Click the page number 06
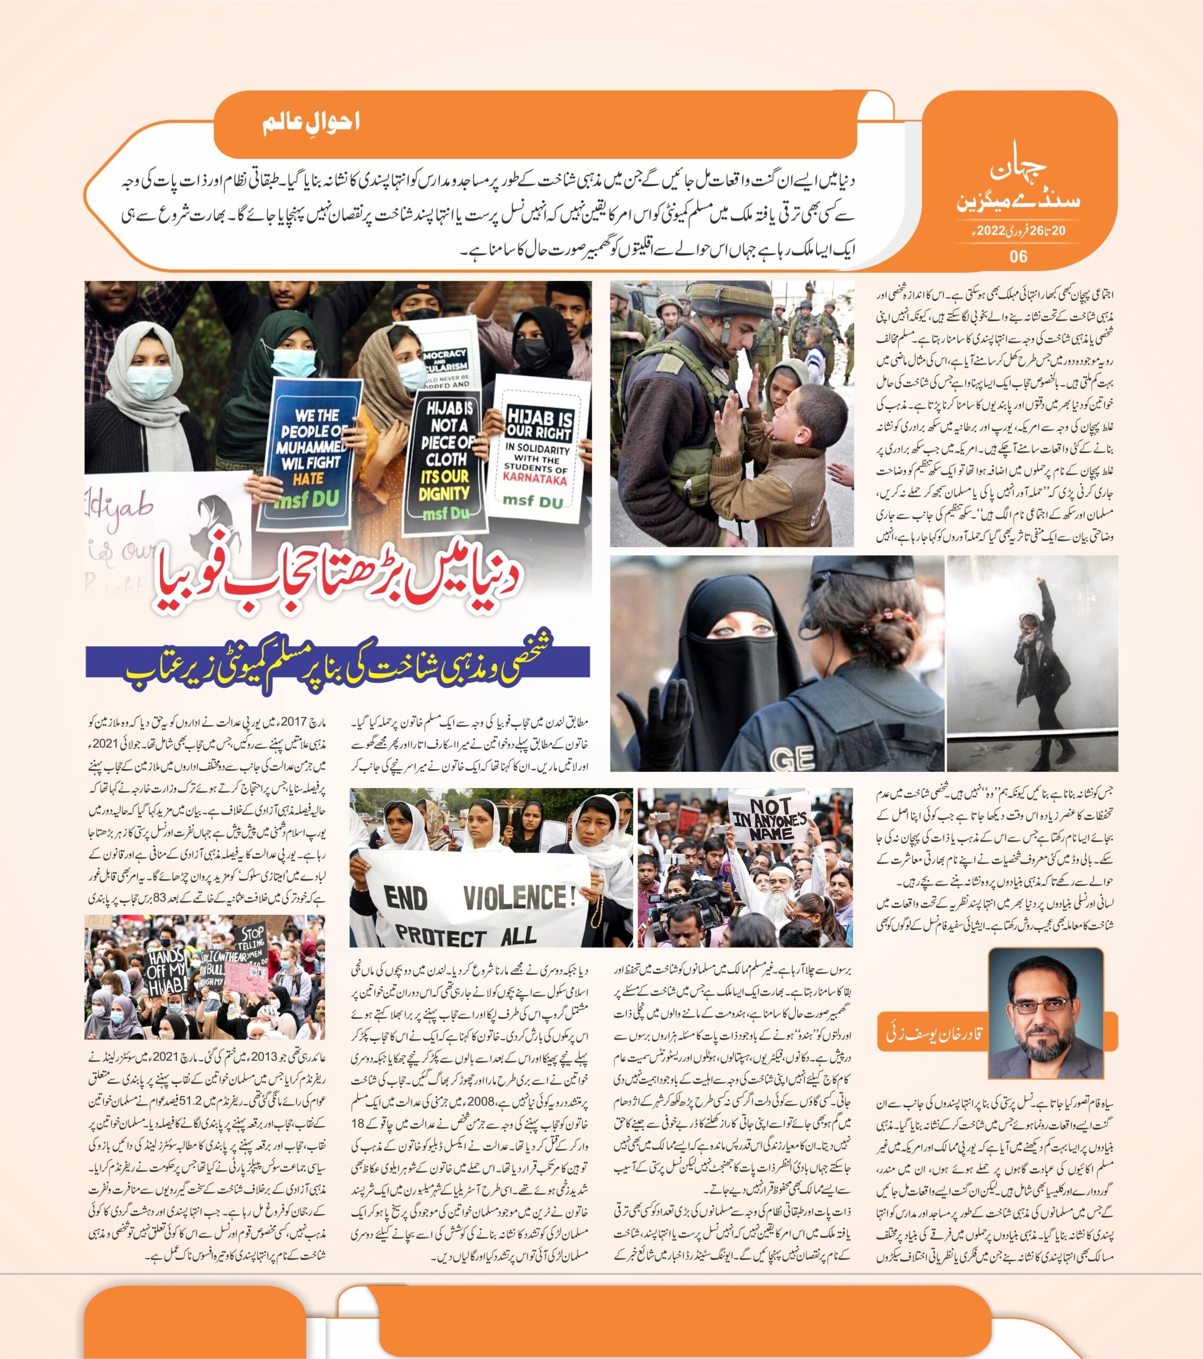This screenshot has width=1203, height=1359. click(x=1018, y=256)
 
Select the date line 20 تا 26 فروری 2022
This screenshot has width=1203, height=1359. click(x=1018, y=231)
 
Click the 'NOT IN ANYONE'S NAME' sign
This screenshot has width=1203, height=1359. click(x=770, y=819)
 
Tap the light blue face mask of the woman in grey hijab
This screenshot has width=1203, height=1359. click(x=150, y=384)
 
